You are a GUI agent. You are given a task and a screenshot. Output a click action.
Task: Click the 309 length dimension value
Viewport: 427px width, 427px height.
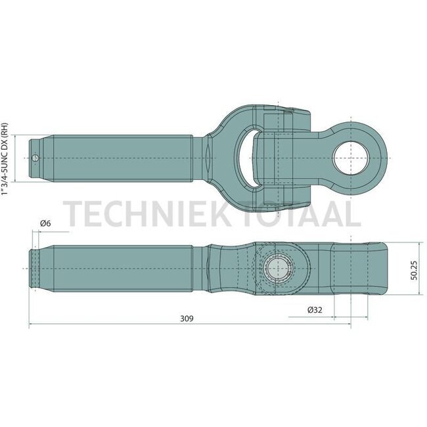(187, 319)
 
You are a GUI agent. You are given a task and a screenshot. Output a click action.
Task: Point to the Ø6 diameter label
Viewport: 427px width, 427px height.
(45, 225)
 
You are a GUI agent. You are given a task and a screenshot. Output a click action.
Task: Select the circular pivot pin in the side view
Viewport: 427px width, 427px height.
(280, 270)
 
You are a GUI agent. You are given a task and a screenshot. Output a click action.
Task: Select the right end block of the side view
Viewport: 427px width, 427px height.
(358, 269)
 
